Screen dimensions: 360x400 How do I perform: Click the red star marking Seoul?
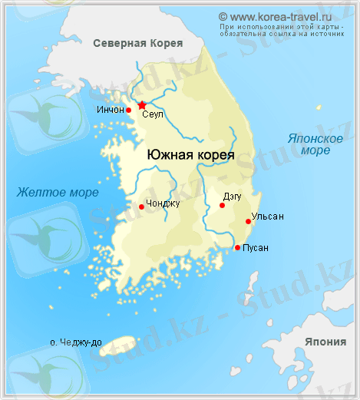142,105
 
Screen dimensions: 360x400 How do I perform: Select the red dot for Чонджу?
141,207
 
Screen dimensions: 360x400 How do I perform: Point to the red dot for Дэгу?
222,205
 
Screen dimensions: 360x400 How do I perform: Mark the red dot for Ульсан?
248,221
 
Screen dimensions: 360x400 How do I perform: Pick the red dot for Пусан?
237,247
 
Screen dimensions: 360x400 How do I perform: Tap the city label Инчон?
111,110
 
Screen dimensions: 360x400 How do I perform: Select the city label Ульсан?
267,217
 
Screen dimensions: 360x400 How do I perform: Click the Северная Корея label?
137,44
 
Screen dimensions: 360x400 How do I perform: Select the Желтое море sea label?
58,192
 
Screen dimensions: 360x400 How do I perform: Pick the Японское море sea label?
315,144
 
